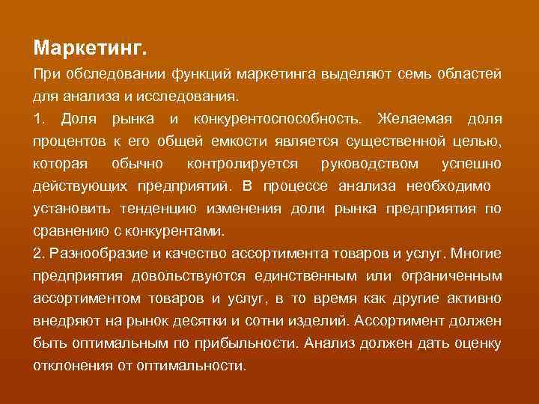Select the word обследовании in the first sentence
point(103,75)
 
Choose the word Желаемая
point(412,119)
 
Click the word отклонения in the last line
point(70,366)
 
